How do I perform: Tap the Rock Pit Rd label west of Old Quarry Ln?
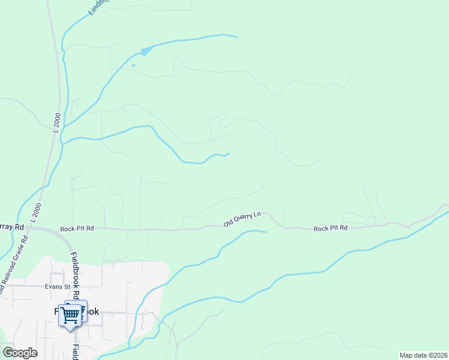pos(77,229)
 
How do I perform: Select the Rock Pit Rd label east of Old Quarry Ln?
pos(330,229)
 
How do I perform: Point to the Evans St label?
pos(58,287)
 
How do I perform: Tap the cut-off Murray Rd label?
pos(11,227)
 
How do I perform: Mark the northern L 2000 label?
pos(56,122)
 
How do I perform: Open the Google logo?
pos(20,353)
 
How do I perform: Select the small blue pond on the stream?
pos(146,51)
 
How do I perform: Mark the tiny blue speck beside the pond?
pos(133,65)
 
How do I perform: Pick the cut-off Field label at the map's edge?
pos(76,353)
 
